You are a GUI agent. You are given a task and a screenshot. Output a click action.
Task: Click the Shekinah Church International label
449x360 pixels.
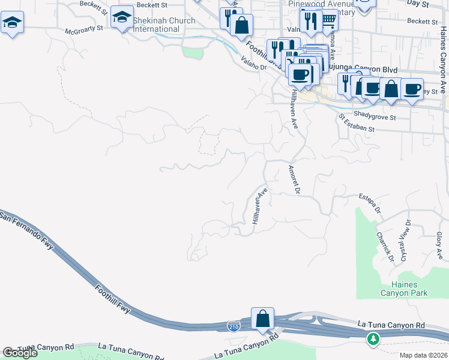pos(164,25)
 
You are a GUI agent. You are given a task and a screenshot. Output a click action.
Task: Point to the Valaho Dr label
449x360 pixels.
pos(253,64)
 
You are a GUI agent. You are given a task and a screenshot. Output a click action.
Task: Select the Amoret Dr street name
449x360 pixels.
pos(294,179)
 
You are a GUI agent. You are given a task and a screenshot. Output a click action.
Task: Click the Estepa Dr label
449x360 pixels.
pos(370,203)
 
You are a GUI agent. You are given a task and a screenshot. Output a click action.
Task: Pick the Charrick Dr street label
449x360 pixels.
pos(384,247)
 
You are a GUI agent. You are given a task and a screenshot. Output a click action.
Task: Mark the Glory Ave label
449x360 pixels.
pos(439,245)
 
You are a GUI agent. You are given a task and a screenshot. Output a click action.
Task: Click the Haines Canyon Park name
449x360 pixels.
pos(405,289)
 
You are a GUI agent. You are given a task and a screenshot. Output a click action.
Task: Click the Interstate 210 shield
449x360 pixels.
pos(233,326)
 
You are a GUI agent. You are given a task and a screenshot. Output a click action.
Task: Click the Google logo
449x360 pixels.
pos(20,353)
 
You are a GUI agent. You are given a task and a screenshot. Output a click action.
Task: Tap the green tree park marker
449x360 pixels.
pos(373,339)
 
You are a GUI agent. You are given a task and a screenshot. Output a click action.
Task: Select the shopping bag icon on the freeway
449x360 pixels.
pos(263,318)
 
